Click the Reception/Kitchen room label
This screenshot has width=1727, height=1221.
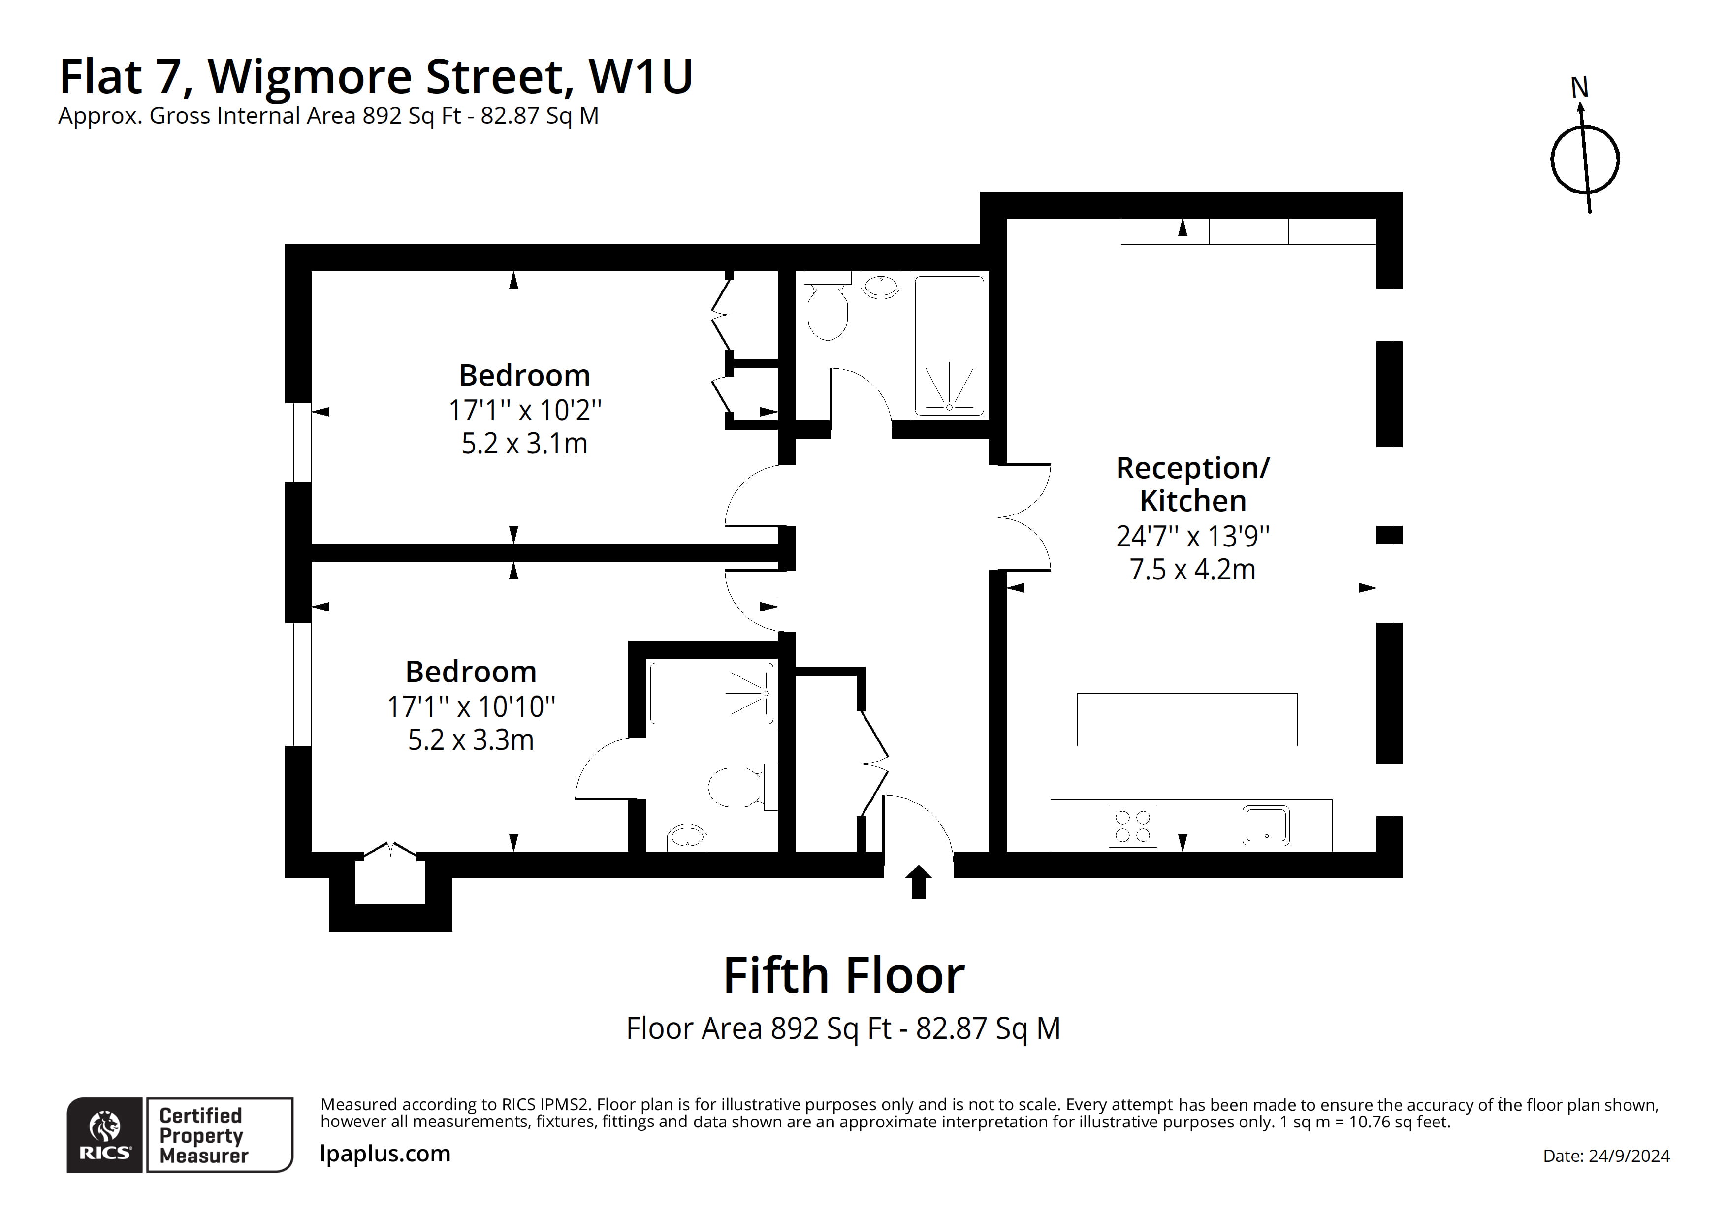pyautogui.click(x=1192, y=484)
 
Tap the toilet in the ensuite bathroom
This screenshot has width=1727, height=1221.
pyautogui.click(x=736, y=787)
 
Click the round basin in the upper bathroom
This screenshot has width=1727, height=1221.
pyautogui.click(x=880, y=286)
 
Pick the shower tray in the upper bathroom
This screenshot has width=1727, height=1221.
pyautogui.click(x=949, y=347)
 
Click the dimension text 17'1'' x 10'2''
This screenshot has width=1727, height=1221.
pyautogui.click(x=525, y=411)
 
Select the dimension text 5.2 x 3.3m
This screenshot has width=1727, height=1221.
pyautogui.click(x=471, y=740)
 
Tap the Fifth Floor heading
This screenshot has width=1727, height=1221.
pyautogui.click(x=843, y=976)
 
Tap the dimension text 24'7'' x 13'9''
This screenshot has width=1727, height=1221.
pyautogui.click(x=1192, y=536)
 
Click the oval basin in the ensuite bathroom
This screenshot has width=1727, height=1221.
pyautogui.click(x=687, y=836)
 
